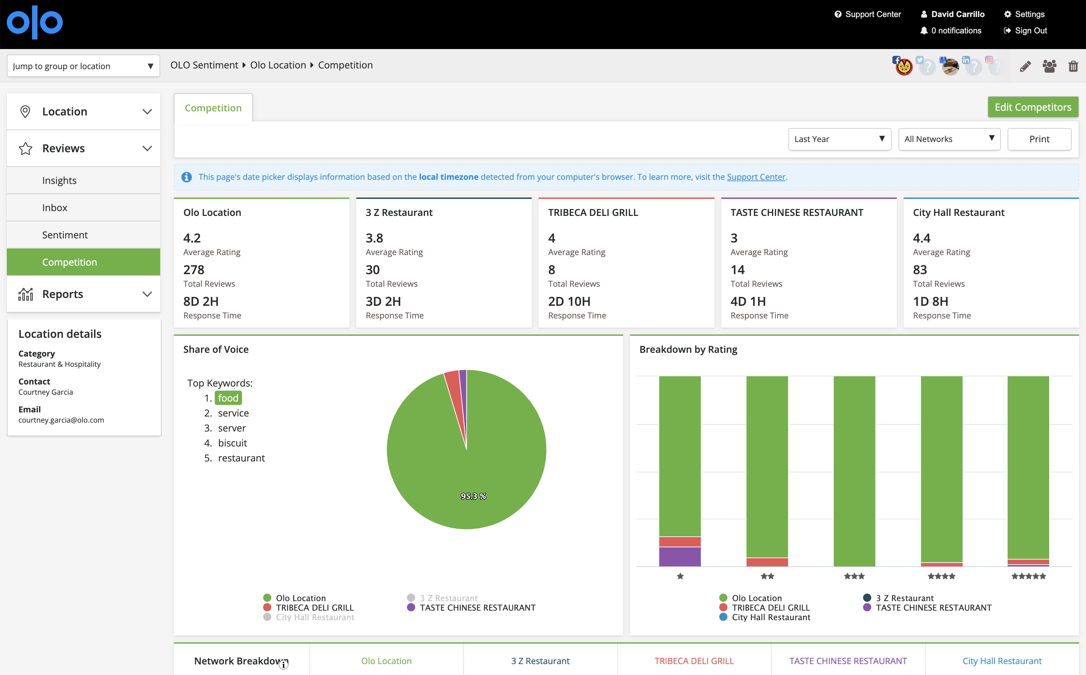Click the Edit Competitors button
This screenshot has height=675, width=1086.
coord(1032,107)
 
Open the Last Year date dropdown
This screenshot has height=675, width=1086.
coord(840,139)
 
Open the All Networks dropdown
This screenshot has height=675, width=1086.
coord(949,139)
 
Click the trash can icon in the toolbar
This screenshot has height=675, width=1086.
coord(1073,66)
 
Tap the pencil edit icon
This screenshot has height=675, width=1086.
coord(1025,66)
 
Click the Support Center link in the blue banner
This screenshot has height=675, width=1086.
coord(756,177)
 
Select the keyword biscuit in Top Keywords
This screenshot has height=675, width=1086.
coord(232,443)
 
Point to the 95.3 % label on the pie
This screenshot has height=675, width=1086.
coord(473,496)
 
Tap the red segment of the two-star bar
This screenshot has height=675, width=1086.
coord(767,562)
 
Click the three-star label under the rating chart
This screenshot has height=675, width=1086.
coord(854,576)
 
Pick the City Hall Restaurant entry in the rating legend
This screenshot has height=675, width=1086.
coord(771,617)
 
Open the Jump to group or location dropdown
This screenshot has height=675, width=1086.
coord(83,66)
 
